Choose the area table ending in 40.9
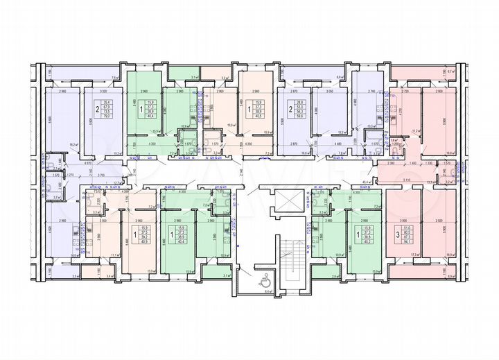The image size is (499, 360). [144, 235]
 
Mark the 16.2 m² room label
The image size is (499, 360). [73, 145]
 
